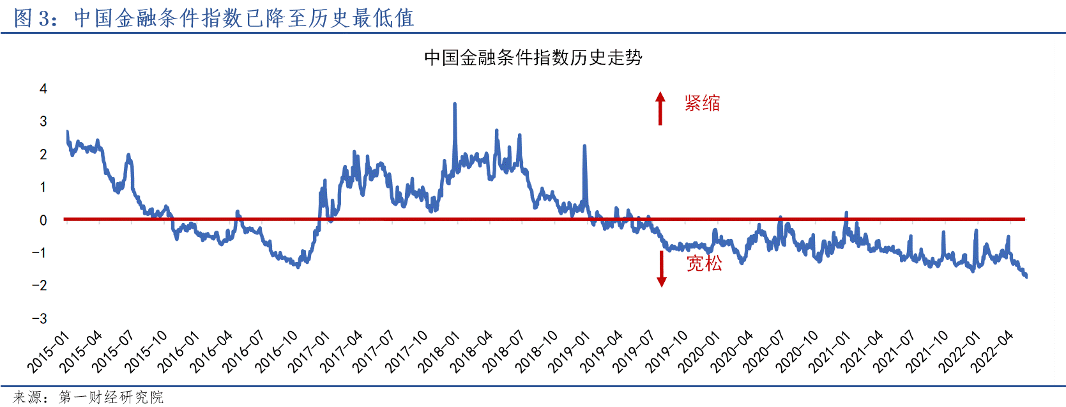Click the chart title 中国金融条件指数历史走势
533,58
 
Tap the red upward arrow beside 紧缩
660,108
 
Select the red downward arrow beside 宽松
662,269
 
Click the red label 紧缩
702,103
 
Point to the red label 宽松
704,263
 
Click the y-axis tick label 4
43,89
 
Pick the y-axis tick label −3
40,318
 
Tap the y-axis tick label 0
43,220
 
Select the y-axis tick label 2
43,155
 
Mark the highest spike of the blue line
454,104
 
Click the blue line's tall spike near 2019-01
584,146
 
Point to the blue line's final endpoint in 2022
1026,276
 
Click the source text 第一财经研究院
111,397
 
